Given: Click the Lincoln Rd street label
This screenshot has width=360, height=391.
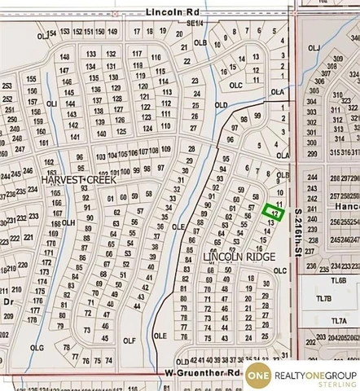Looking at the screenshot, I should point(172,13).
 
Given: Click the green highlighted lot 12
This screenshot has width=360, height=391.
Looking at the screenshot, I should point(274,212).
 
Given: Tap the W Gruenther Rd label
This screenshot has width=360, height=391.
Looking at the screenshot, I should point(203,373).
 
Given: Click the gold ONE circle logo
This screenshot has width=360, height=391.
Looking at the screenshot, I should point(257,374).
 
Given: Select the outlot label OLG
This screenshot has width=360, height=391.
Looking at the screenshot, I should point(35,347).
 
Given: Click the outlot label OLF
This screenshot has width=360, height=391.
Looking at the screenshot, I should point(128,340).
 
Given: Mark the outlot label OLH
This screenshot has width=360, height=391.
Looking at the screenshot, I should point(68,222).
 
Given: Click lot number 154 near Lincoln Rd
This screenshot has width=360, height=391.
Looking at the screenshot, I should point(53,33).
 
